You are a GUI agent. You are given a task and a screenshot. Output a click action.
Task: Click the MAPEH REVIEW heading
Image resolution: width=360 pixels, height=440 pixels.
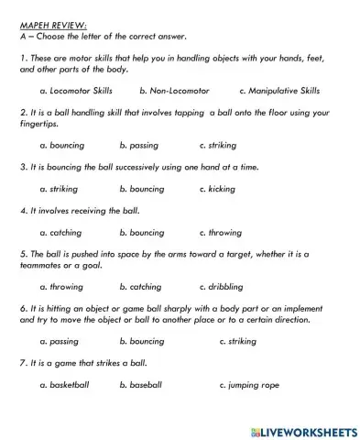pos(46,25)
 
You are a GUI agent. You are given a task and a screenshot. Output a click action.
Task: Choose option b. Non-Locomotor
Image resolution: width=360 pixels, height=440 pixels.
pos(174,91)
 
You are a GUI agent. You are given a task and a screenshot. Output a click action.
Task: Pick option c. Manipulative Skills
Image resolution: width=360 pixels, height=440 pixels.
pos(278,91)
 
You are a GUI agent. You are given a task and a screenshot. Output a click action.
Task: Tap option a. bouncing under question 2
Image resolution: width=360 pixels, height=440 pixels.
pos(62,145)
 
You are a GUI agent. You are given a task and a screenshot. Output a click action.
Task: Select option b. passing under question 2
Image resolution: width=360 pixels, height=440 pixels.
pos(138,145)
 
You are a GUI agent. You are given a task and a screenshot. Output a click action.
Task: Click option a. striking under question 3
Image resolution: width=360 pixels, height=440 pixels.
pos(60,188)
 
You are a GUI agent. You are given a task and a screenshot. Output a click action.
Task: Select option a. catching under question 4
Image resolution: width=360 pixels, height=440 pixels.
pos(61,233)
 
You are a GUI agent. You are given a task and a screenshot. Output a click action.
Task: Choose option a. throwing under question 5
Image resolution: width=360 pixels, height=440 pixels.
pos(61,287)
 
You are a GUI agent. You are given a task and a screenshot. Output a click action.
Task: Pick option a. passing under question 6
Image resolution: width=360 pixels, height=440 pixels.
pos(60,341)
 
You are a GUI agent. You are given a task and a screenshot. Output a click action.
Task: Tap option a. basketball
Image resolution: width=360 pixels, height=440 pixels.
pos(65,385)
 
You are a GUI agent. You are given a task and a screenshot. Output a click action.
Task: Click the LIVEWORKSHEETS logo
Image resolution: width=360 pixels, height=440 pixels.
pos(302,428)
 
